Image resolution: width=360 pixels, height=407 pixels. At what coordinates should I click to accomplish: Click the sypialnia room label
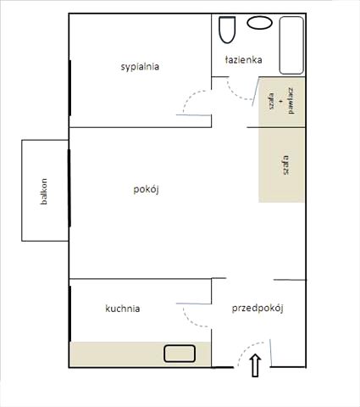(140, 67)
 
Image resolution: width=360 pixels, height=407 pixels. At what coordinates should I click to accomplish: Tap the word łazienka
(244, 59)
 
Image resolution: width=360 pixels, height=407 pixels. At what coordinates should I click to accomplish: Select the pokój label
(146, 190)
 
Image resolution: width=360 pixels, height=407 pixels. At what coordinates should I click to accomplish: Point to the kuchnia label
(123, 309)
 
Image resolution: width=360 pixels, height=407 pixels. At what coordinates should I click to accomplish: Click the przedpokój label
(258, 308)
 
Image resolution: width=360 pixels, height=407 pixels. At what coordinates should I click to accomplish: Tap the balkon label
(44, 192)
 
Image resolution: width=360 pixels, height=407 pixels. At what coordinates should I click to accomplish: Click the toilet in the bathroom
(227, 30)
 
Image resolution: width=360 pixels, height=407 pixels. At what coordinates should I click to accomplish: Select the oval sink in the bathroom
(260, 23)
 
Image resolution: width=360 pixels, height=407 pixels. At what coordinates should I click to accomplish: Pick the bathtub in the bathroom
(291, 45)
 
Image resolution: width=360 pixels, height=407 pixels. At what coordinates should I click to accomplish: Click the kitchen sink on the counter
(180, 354)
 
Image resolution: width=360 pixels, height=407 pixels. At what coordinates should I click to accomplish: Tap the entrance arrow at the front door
(255, 365)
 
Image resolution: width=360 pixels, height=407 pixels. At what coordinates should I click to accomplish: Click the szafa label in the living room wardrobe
(285, 165)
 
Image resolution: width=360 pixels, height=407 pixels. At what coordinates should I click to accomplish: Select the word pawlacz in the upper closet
(291, 101)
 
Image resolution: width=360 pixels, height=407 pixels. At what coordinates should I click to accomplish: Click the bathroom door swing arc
(235, 93)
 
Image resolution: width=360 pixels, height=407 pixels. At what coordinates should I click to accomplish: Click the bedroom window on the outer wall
(69, 88)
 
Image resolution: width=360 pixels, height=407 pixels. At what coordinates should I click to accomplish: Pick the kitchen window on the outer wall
(69, 314)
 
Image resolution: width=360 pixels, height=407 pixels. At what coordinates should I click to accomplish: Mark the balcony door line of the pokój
(69, 188)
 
